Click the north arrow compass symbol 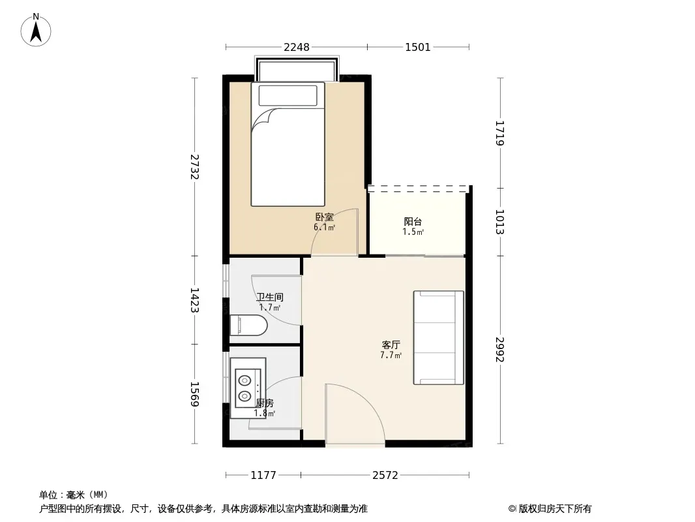[36, 30]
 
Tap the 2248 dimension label [297, 47]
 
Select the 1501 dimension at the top [417, 47]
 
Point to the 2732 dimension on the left [194, 167]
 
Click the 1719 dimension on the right [499, 133]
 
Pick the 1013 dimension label [499, 222]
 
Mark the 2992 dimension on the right [499, 350]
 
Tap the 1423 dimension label [194, 300]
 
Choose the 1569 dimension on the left [194, 394]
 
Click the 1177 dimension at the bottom [263, 476]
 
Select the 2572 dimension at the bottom [385, 476]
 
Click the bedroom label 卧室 [325, 217]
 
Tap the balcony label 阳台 [413, 221]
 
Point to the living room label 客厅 [391, 345]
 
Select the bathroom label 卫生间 [270, 297]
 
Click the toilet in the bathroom [248, 325]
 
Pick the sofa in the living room [438, 337]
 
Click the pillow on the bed [288, 95]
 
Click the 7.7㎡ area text [391, 355]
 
